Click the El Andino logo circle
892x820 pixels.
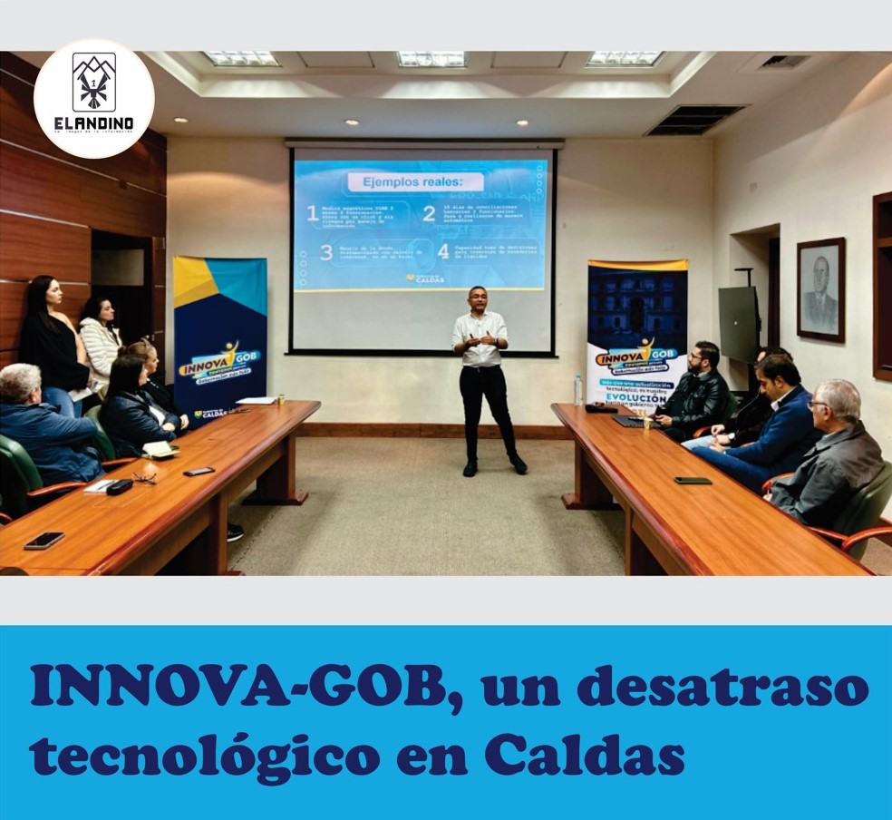coord(94,98)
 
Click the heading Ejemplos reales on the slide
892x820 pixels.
coord(424,181)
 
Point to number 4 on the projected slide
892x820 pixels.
coord(443,251)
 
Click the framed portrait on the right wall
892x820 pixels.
coord(820,290)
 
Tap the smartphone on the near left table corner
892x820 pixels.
coord(44,540)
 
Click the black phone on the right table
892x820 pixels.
coord(693,480)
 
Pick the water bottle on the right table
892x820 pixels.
coord(578,389)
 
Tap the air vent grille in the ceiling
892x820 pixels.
coord(694,119)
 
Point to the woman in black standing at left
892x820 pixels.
coord(53,336)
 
